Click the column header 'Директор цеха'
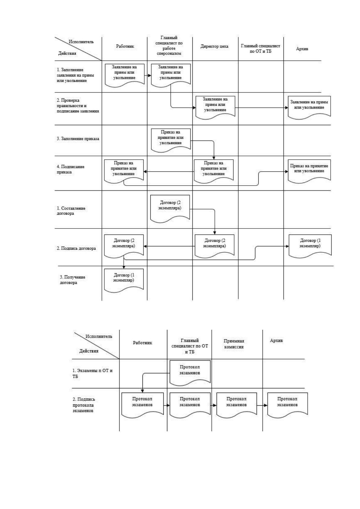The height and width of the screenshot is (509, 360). (214, 46)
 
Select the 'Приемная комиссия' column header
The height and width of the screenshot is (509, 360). (234, 344)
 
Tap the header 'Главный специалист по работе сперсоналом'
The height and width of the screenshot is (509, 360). (169, 45)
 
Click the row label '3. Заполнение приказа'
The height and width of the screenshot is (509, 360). (78, 139)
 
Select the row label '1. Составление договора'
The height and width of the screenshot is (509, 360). (71, 211)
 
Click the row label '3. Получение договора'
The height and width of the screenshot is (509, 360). (72, 280)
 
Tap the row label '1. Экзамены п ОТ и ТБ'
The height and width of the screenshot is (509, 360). (92, 373)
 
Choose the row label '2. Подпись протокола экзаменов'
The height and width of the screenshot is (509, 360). (84, 405)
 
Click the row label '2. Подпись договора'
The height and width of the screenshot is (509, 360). (76, 248)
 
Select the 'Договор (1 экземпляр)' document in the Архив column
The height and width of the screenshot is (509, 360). (310, 246)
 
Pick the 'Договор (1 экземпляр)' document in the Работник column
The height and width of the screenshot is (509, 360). (124, 280)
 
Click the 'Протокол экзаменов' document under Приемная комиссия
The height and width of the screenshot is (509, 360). (237, 405)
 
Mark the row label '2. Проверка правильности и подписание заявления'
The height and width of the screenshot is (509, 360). (78, 106)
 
